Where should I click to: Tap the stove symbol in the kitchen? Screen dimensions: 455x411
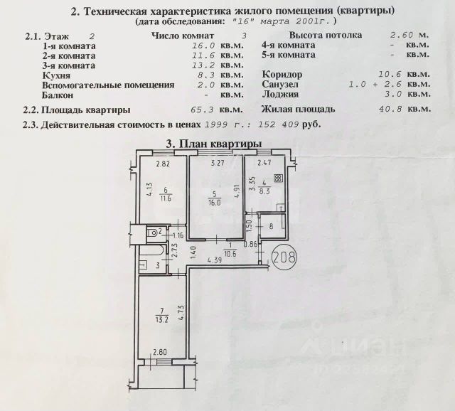278,179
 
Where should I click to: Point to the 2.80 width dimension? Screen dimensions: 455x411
159,352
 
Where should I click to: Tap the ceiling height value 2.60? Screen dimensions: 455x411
402,35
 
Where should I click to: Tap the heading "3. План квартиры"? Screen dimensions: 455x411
213,144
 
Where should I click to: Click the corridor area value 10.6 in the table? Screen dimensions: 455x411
398,74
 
